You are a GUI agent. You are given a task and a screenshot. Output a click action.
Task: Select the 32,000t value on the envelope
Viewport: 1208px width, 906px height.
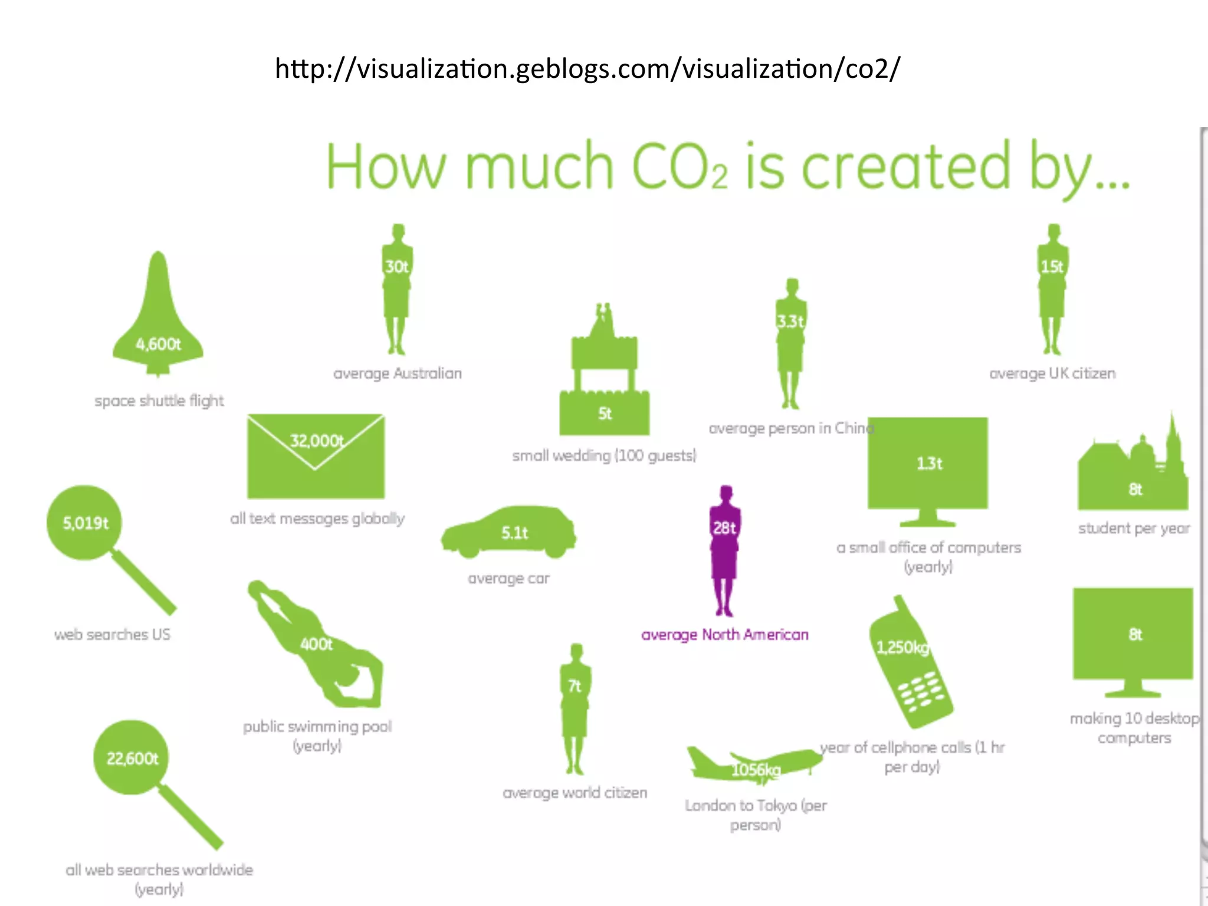coord(317,441)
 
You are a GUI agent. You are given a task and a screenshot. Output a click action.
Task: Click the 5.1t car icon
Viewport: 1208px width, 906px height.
coord(509,532)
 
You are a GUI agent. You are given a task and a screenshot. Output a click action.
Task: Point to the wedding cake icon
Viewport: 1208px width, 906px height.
coord(605,377)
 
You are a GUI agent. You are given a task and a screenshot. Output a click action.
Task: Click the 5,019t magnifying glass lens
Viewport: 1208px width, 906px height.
coord(85,523)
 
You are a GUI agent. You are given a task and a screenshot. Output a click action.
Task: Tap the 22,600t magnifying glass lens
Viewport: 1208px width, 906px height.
coord(132,758)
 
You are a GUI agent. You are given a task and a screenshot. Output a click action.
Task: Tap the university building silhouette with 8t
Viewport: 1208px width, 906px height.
coord(1133,475)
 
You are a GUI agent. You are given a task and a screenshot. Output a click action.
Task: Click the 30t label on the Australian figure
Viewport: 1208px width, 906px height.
coord(397,267)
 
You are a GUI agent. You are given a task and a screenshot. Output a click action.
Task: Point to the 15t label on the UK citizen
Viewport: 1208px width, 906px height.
coord(1052,267)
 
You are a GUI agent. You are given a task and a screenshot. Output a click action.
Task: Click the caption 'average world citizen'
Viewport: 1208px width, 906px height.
coord(575,793)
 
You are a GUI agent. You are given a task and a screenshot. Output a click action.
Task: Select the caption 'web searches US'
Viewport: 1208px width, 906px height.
coord(112,635)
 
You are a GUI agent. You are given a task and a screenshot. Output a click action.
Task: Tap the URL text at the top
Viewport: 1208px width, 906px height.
coord(587,69)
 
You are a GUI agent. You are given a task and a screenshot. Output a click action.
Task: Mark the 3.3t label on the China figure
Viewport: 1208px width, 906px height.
coord(790,321)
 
